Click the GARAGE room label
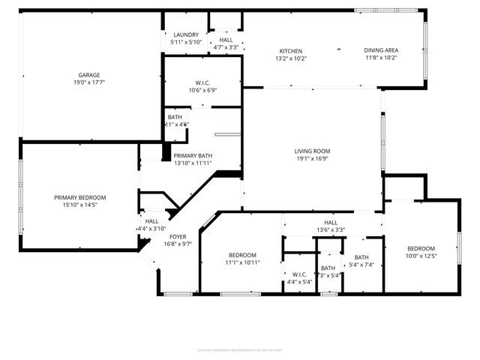[89, 75]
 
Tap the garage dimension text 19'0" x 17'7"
[89, 83]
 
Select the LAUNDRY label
[185, 34]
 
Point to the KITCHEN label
[291, 49]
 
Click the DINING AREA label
[381, 49]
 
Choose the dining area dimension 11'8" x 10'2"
[381, 58]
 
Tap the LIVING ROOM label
[311, 151]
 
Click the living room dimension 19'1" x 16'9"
[311, 160]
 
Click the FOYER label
[178, 236]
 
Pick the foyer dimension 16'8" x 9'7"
[178, 244]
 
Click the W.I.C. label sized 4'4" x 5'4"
[298, 274]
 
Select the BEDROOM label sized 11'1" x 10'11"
[242, 254]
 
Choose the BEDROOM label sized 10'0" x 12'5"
[421, 249]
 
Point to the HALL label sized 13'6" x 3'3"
[331, 223]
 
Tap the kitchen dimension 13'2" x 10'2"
[291, 58]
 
